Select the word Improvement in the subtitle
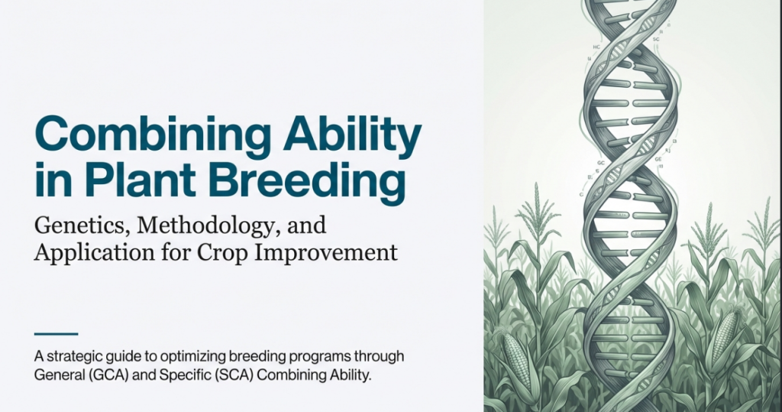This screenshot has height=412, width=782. click(326, 253)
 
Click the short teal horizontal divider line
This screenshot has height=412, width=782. click(56, 333)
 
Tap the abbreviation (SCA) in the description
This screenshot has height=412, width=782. click(234, 375)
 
